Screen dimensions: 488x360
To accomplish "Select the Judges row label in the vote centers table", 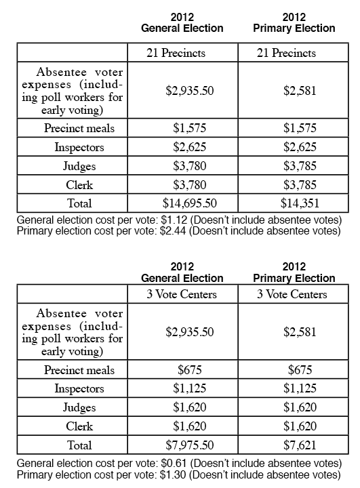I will coord(79,408).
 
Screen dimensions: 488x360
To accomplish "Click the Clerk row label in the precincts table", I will coord(79,184).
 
